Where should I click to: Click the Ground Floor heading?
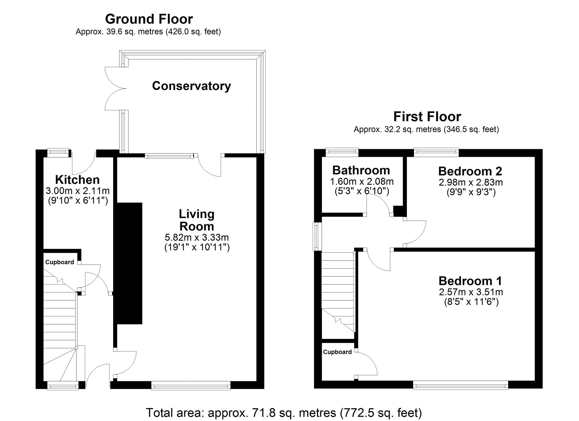pos(149,19)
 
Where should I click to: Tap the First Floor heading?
pos(427,117)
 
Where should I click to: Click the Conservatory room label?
pos(191,86)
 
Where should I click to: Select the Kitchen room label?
pos(77,180)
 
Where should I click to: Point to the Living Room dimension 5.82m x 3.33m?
pos(197,237)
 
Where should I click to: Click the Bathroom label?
pos(361,170)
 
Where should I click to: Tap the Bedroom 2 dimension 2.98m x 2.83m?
pos(471,182)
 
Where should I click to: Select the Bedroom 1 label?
pos(470,281)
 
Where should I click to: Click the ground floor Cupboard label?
pos(60,262)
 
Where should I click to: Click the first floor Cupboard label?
pos(337,352)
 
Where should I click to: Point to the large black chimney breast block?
pos(129,263)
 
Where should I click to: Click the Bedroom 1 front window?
pos(460,386)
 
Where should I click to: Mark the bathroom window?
pos(342,152)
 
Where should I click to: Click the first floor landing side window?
pos(317,236)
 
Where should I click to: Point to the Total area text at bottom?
pos(284,413)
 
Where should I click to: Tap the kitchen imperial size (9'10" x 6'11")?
pos(78,201)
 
